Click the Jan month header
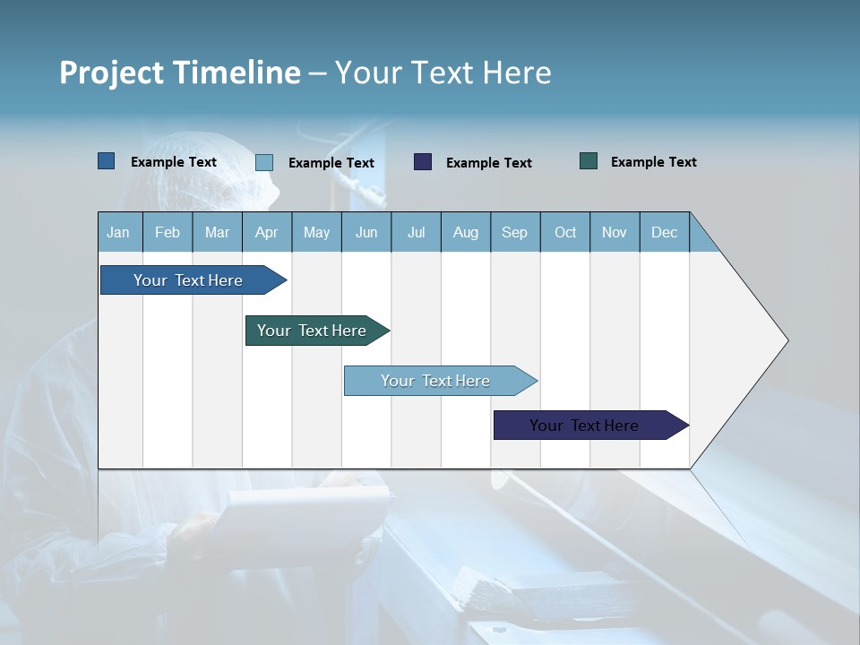[x=118, y=232]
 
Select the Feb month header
[x=168, y=232]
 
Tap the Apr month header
[x=267, y=232]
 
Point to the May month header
[x=316, y=232]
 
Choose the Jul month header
[x=416, y=232]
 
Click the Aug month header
[x=466, y=232]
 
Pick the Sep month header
[x=515, y=232]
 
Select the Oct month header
[x=565, y=232]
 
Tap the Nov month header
[x=615, y=232]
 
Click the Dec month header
[x=665, y=232]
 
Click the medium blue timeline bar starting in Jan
[x=189, y=280]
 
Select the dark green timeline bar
[x=313, y=331]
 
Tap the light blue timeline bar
[x=436, y=381]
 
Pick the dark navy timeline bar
[x=585, y=426]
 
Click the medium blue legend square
[x=107, y=161]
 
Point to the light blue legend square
[x=264, y=162]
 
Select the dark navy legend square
[x=423, y=162]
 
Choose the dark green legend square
[x=589, y=161]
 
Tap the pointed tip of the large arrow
[x=786, y=340]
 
